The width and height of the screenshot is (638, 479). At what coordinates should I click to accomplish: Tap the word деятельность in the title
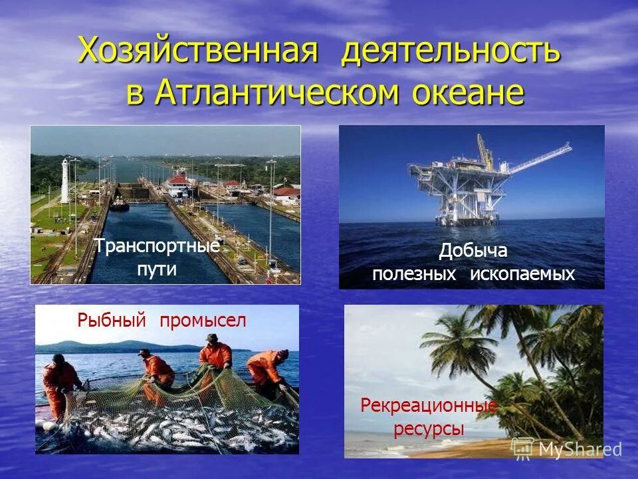(x=451, y=51)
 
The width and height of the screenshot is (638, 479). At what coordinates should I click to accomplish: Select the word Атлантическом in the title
(x=276, y=92)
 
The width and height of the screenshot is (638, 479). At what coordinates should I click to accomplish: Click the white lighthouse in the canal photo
(x=65, y=181)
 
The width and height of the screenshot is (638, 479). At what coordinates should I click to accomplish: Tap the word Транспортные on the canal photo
(x=157, y=246)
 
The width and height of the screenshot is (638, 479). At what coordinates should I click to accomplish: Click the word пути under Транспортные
(x=157, y=269)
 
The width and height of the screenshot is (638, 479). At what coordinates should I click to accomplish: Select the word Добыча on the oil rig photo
(x=473, y=251)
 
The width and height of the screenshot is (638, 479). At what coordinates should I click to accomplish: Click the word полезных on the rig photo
(x=414, y=273)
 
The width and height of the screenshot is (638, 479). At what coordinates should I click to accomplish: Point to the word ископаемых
(x=522, y=273)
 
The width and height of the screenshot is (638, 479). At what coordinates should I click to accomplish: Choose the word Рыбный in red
(x=111, y=321)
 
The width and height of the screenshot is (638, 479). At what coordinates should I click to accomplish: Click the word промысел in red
(x=203, y=321)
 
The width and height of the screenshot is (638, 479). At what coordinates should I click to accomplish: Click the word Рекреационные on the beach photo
(x=429, y=405)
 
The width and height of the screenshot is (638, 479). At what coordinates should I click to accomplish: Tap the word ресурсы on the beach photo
(x=429, y=429)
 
